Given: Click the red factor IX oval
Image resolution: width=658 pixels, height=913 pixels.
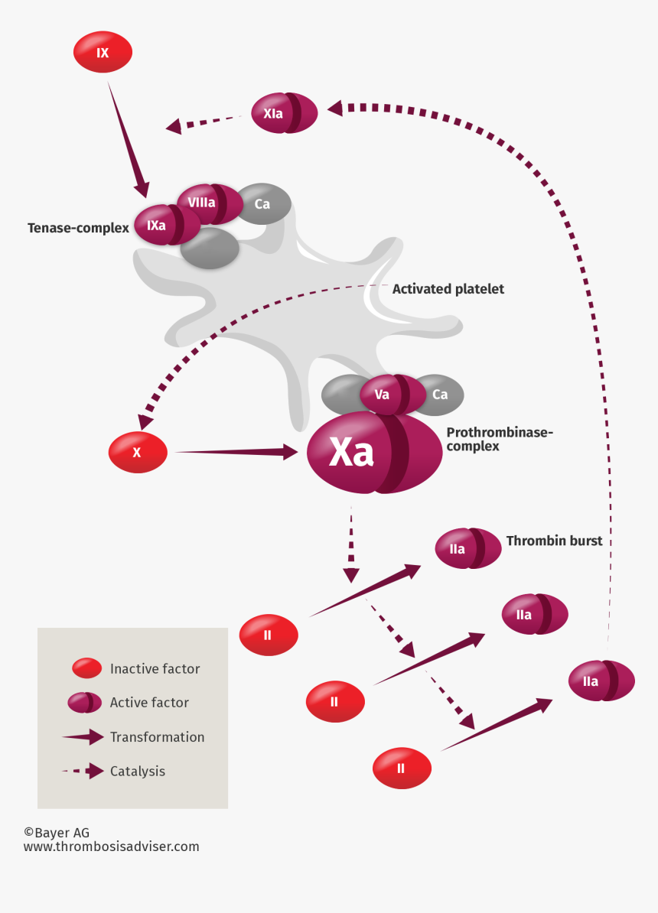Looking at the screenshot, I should (x=103, y=53).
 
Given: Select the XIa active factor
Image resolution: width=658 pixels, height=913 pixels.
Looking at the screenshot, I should (x=284, y=113).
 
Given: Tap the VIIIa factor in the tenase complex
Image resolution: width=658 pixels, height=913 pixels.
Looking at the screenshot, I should (x=208, y=203).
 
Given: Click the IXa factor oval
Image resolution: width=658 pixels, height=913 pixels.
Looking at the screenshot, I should (x=164, y=226).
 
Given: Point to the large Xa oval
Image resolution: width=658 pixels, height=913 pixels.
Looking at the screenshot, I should (x=373, y=452).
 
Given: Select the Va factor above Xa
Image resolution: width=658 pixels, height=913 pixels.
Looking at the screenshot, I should (x=392, y=395).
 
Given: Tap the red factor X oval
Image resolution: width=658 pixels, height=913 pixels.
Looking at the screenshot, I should (x=138, y=452).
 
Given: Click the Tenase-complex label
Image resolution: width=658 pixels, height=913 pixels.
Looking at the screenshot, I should (x=78, y=228).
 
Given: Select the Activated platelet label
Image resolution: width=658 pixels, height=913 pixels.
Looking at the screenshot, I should (x=448, y=289).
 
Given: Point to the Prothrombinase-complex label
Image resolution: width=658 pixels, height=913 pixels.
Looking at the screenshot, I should (x=500, y=439).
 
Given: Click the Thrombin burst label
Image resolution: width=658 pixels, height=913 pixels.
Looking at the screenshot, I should (x=554, y=541).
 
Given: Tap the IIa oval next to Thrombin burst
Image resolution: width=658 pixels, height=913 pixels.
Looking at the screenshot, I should (x=467, y=548).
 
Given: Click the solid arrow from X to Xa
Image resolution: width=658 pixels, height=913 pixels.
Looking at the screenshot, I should (x=236, y=452).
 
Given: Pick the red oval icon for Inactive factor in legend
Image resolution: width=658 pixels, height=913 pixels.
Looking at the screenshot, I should (x=86, y=668).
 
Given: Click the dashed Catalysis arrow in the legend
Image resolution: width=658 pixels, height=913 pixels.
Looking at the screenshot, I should (x=83, y=771).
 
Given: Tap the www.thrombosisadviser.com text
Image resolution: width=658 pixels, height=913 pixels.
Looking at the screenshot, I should (x=111, y=846).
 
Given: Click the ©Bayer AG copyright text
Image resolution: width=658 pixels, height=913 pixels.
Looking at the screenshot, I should (x=57, y=833).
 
